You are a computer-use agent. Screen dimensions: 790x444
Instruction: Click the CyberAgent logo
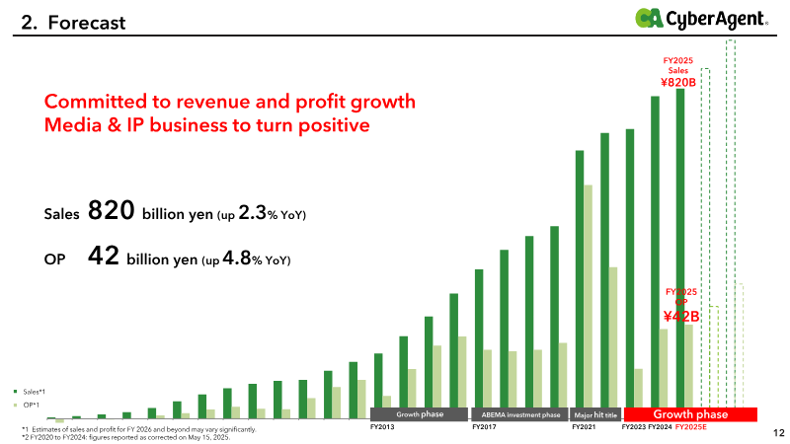[x=701, y=19]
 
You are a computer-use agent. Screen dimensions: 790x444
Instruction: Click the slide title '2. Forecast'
[x=73, y=23]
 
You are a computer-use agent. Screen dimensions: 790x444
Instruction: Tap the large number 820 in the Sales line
[x=112, y=210]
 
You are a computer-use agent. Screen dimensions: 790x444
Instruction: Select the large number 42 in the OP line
[x=104, y=256]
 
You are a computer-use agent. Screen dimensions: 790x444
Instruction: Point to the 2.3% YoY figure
[x=273, y=213]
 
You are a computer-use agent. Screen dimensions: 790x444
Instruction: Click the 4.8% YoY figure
[x=257, y=259]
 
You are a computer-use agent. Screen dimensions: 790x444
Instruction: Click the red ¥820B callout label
[x=678, y=82]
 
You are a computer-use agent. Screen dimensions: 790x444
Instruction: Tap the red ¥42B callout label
[x=681, y=316]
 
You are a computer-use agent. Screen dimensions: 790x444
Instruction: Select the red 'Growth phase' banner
[x=690, y=414]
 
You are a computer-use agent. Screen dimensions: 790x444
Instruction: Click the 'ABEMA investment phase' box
[x=520, y=414]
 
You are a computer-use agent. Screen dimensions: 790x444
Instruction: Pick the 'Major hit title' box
[x=595, y=414]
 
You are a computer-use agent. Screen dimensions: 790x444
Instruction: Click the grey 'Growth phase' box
[x=419, y=414]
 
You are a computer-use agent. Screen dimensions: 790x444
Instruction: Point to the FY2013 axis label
[x=382, y=427]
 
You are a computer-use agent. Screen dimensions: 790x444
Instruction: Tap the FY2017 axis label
[x=484, y=427]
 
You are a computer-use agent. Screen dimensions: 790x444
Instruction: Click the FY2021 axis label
[x=584, y=427]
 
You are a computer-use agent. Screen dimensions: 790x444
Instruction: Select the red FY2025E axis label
[x=690, y=427]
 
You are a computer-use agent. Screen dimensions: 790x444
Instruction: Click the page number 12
[x=779, y=433]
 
